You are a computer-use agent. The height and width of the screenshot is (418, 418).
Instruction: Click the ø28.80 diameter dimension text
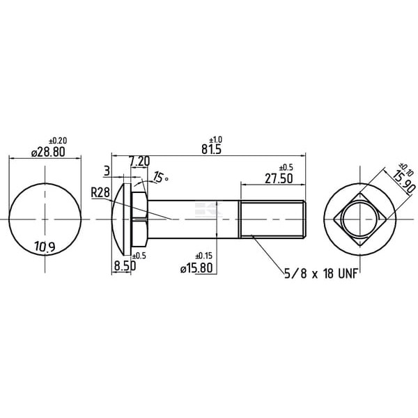pos(48,152)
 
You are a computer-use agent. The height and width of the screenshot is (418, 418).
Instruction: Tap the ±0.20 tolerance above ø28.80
pos(58,140)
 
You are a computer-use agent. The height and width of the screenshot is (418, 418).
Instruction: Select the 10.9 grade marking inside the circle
pos(45,247)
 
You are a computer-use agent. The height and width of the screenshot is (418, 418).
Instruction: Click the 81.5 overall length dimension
pos(211,149)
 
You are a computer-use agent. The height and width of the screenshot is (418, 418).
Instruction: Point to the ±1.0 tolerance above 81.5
pos(216,139)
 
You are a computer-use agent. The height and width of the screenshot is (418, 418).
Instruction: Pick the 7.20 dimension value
pos(140,162)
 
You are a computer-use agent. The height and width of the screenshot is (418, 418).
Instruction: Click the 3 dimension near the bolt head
pos(107,171)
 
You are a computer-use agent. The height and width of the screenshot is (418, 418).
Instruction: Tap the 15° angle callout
pos(161,177)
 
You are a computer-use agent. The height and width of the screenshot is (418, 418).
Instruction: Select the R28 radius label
pos(100,192)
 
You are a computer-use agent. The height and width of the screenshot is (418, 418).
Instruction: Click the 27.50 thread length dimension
pos(279,178)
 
